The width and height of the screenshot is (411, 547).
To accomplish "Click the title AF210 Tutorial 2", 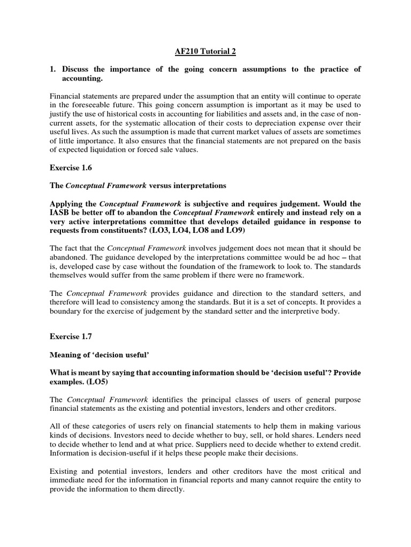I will [x=205, y=51].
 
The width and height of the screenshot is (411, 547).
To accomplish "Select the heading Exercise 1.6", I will [x=71, y=167].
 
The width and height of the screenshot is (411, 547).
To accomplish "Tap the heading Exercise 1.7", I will [x=71, y=337].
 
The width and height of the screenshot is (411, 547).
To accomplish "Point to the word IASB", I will [x=61, y=214].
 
